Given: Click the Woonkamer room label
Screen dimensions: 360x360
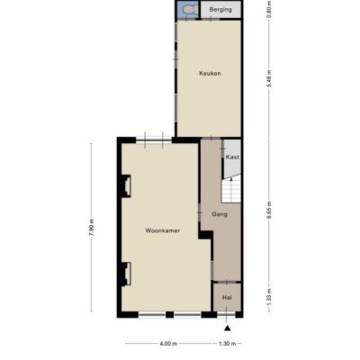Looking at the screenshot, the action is coord(163,230).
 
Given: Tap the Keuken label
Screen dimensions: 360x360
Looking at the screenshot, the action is coord(210,73).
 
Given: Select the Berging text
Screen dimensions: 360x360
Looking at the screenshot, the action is coord(220,10).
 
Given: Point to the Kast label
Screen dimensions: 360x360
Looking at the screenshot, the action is coord(232,157).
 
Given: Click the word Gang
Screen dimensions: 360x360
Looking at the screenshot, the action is coord(220,214).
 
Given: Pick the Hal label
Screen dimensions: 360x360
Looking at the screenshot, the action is coord(227,298).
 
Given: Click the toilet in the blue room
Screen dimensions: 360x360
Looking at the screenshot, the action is coord(189,10).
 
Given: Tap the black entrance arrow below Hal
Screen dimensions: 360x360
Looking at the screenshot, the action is coord(228,328).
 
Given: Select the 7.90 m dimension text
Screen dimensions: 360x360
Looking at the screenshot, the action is coord(92,227).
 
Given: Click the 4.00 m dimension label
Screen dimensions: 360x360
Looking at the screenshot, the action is coord(168,344).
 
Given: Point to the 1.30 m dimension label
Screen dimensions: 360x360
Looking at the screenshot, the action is coord(228,344).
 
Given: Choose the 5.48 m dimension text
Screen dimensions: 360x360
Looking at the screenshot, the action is coord(269,78).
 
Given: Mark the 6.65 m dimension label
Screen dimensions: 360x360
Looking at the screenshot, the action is coord(269,211).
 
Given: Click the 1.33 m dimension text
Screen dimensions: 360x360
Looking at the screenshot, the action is coord(269,297).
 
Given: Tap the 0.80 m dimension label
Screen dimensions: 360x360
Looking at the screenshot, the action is coord(269,9).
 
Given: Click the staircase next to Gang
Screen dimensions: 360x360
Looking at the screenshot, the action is coord(231,190).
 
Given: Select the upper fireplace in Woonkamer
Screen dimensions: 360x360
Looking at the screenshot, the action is coord(125,186).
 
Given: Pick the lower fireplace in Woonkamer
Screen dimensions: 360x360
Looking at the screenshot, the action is coord(125,274).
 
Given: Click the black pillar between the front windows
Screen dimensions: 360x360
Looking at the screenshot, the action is coord(170,315).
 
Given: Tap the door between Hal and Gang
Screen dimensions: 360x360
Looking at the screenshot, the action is coord(227,282).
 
